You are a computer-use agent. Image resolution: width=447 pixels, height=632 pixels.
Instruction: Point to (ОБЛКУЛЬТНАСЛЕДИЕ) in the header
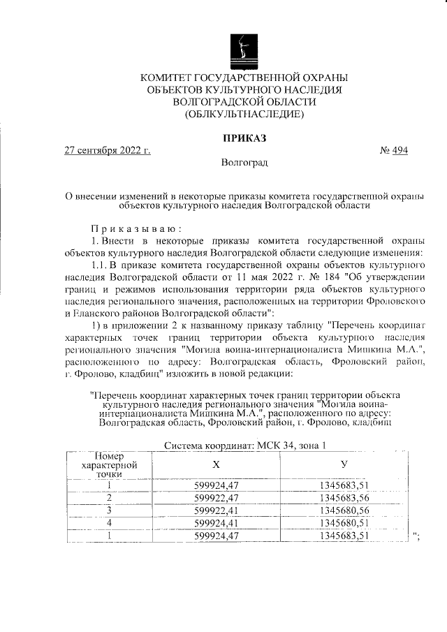pyautogui.click(x=244, y=114)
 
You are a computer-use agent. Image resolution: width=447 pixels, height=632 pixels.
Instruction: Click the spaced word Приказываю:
pyautogui.click(x=135, y=228)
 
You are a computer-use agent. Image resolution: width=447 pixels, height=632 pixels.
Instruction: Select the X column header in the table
pyautogui.click(x=216, y=464)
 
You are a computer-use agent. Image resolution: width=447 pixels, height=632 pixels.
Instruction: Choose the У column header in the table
pyautogui.click(x=343, y=464)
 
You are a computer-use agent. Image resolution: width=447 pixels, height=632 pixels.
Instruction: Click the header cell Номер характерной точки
pyautogui.click(x=109, y=464)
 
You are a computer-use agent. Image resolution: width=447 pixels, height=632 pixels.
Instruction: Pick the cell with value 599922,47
pyautogui.click(x=217, y=498)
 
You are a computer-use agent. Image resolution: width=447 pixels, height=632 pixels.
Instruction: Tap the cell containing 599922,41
pyautogui.click(x=217, y=510)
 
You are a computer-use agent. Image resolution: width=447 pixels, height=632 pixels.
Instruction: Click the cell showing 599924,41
pyautogui.click(x=217, y=523)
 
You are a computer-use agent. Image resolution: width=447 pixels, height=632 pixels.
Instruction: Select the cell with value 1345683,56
pyautogui.click(x=343, y=498)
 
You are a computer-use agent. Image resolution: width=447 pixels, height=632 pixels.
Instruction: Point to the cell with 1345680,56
pyautogui.click(x=343, y=510)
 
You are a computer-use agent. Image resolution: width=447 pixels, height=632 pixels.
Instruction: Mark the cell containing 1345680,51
pyautogui.click(x=343, y=523)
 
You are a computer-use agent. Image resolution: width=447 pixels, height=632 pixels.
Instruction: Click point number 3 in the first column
pyautogui.click(x=109, y=510)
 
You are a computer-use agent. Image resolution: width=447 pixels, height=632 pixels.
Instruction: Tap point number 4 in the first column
pyautogui.click(x=109, y=523)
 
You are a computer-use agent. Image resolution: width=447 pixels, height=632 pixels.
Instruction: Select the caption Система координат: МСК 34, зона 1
pyautogui.click(x=244, y=446)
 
